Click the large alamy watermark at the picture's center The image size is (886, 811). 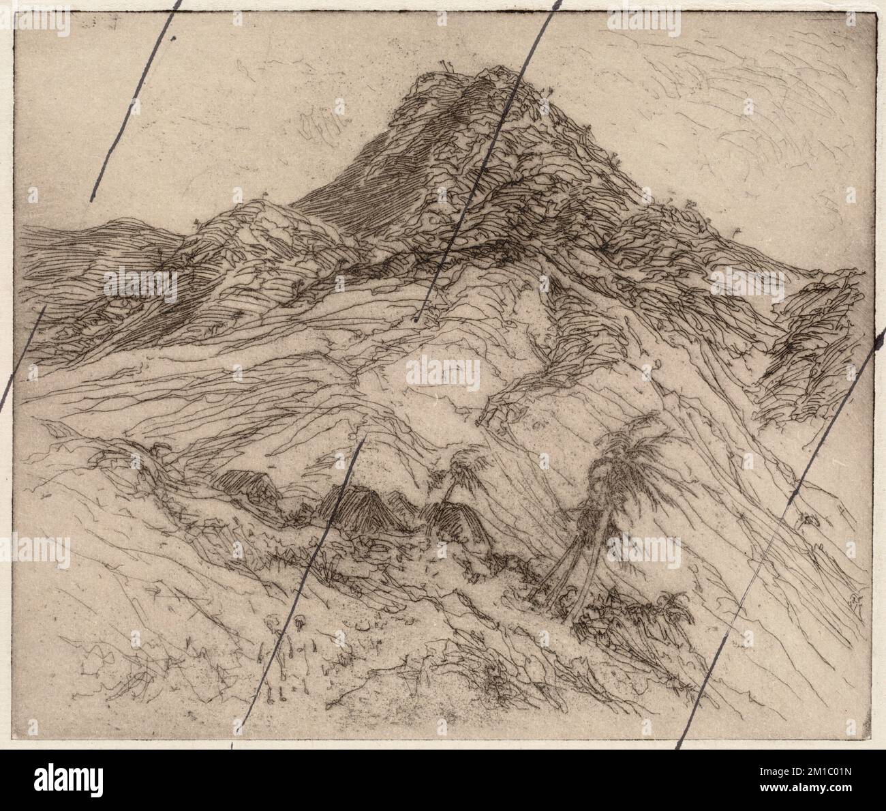[443, 374]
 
